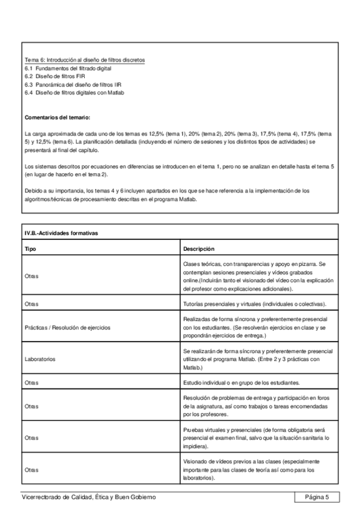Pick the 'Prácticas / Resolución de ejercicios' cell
point(67,328)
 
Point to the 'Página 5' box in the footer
point(316,497)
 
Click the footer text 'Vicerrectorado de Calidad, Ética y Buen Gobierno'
point(88,497)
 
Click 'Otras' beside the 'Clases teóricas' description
point(32,277)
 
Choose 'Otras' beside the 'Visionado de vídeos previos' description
point(32,470)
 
